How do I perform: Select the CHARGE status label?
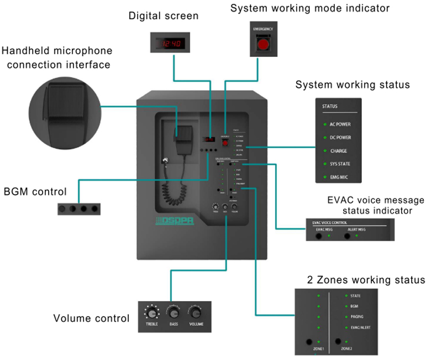pyautogui.click(x=339, y=150)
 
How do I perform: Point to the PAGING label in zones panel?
pyautogui.click(x=356, y=317)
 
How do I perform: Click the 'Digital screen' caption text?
pyautogui.click(x=163, y=16)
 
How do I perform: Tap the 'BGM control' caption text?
pyautogui.click(x=35, y=192)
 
